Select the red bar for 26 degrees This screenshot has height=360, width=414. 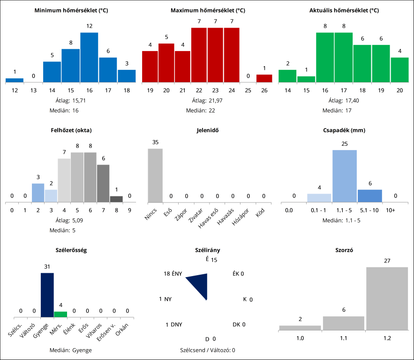tap(264, 78)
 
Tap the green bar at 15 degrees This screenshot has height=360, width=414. tap(306, 79)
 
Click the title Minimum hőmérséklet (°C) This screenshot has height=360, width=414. tap(71, 10)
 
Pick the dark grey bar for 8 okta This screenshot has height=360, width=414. tap(116, 199)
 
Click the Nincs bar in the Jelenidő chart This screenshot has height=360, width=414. tap(155, 175)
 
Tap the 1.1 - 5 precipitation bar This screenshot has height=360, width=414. tap(345, 176)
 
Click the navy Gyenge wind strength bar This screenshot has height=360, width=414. tap(47, 295)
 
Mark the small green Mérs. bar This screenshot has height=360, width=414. tap(60, 314)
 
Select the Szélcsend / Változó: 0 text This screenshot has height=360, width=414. tap(207, 350)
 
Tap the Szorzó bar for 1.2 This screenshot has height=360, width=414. tap(387, 299)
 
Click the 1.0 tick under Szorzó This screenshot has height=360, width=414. tap(300, 337)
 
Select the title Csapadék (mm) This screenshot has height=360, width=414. tap(344, 130)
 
